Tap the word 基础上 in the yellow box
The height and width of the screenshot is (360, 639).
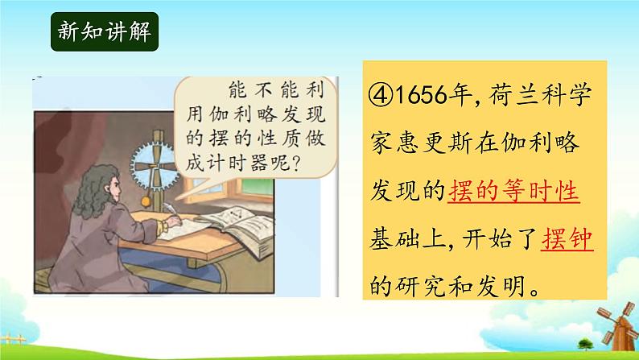406,238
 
